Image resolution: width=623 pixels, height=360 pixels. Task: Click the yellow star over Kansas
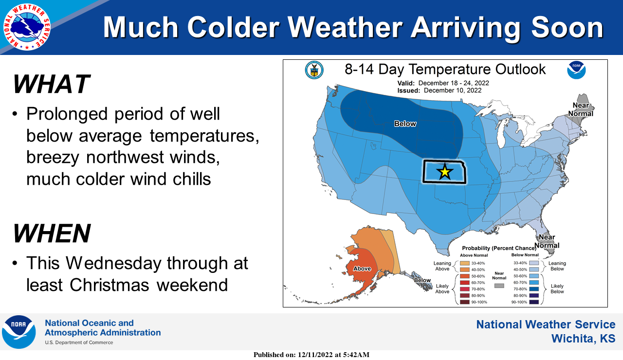click(445, 172)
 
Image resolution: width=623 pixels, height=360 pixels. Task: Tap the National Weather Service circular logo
click(27, 27)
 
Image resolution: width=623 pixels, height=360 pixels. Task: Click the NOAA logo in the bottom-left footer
click(18, 332)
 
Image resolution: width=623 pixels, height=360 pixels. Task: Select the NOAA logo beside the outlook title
click(576, 70)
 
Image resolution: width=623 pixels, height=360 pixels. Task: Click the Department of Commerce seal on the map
click(314, 70)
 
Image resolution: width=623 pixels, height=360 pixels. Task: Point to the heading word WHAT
click(52, 84)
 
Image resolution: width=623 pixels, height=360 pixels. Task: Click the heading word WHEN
click(52, 233)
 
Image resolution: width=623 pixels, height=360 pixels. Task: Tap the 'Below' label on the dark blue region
click(405, 124)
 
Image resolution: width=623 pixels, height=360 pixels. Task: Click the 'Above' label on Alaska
click(362, 269)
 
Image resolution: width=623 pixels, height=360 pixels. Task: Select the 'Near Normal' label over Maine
click(581, 109)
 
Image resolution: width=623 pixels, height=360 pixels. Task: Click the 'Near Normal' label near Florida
click(547, 241)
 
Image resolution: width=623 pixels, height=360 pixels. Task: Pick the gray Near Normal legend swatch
click(499, 286)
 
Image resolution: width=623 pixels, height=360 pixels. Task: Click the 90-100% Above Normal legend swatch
click(465, 302)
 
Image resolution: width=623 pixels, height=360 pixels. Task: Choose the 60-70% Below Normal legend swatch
click(534, 283)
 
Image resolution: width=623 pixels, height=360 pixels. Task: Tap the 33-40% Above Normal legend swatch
click(465, 263)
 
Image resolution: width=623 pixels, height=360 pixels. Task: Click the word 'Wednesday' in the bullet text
click(113, 263)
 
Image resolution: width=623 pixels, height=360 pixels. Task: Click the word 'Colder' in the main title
click(233, 27)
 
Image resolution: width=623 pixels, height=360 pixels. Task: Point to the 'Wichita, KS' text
click(583, 339)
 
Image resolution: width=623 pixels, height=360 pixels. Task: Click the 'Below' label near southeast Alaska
click(422, 280)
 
